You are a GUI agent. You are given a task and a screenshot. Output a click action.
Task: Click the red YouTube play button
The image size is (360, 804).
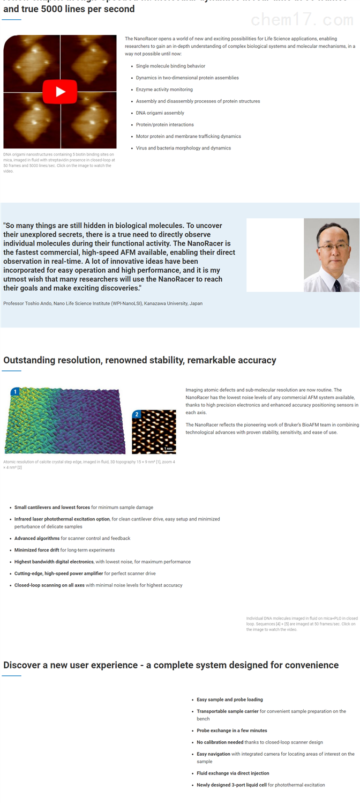[x=60, y=92]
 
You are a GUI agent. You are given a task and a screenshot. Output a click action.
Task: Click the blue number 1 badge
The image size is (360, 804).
[x=16, y=392]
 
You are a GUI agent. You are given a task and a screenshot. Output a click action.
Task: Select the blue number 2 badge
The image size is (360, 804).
[x=137, y=414]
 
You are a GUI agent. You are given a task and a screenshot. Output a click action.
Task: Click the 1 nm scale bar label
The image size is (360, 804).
[x=169, y=448]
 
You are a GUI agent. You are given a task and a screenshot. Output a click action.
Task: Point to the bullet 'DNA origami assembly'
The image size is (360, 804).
[x=160, y=113]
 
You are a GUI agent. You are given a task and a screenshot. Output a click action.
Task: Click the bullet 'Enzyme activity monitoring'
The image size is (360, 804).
[x=164, y=90]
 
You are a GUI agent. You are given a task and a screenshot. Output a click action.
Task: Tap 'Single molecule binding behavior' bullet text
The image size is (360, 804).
[x=170, y=66]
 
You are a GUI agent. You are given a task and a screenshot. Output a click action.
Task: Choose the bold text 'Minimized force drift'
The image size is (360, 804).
[x=37, y=550]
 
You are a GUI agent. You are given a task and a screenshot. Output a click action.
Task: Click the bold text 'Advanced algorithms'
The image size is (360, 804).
[x=37, y=538]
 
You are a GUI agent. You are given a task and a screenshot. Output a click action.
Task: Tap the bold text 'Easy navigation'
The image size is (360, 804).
[x=213, y=754]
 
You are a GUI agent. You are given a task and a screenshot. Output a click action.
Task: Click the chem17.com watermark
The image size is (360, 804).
[x=302, y=20]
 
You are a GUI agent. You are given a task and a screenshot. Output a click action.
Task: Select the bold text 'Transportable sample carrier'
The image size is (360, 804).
[x=228, y=711]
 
